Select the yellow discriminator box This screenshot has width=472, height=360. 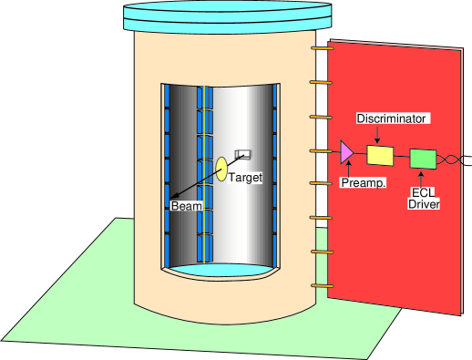[379, 155]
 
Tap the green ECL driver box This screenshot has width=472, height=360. [423, 159]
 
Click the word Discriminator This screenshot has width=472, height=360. [391, 118]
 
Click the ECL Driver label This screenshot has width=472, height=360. [424, 199]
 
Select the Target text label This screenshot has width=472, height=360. [245, 178]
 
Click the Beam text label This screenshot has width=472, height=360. [186, 207]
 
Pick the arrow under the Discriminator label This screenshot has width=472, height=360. [378, 134]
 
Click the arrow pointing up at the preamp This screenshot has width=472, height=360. [346, 170]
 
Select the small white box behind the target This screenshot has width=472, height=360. [243, 154]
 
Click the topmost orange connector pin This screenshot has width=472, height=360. [319, 48]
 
